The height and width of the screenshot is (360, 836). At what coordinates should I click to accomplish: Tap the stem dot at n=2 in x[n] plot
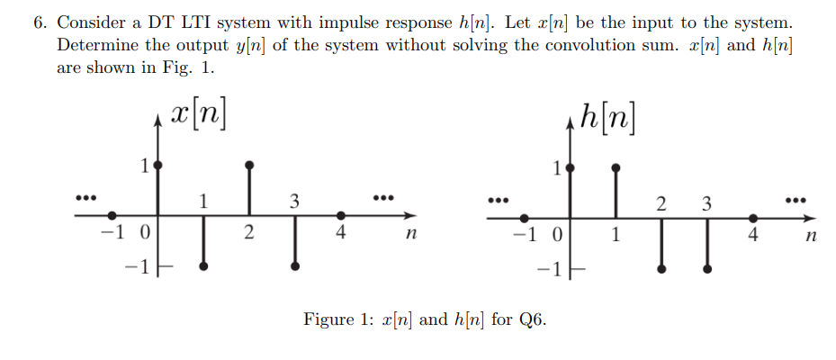(249, 166)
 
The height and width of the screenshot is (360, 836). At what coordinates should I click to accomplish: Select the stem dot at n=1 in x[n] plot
(204, 266)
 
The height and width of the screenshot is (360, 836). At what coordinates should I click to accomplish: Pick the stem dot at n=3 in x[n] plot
(295, 266)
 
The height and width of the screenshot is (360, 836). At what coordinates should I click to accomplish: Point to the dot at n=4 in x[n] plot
(340, 216)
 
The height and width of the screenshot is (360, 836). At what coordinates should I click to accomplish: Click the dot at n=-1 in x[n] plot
(112, 216)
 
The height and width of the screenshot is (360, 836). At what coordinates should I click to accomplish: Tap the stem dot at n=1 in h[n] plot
(616, 166)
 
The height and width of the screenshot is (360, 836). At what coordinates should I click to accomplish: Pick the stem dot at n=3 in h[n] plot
(707, 268)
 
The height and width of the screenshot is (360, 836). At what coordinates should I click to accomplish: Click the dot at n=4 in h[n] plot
(753, 217)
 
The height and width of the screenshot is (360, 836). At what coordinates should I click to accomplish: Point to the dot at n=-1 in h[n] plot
(525, 217)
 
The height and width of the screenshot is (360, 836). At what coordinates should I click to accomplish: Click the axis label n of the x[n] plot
(409, 237)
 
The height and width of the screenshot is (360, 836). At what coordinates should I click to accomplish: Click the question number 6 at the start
(40, 22)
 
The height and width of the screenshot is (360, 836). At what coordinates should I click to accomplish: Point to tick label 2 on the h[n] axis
(661, 203)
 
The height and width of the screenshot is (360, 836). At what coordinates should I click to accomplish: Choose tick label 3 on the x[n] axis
(294, 202)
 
